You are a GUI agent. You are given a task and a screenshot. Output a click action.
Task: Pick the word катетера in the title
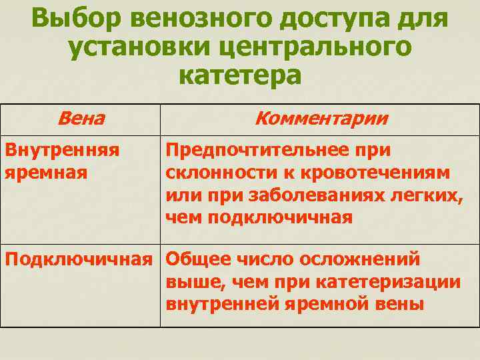[240, 75]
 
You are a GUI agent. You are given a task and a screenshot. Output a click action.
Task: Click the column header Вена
[81, 119]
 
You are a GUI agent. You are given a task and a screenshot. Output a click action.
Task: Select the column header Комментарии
[321, 119]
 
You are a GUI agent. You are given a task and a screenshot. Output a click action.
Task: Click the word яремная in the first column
[47, 172]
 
